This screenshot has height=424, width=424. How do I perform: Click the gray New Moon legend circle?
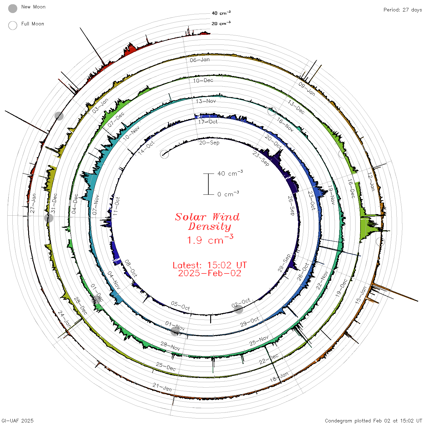pos(12,8)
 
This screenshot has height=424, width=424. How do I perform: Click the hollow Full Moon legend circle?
pos(12,25)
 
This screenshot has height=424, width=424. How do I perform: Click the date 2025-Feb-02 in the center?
pos(210,273)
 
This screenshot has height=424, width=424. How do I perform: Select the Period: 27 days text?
pos(403,10)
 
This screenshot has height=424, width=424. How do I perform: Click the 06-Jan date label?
pos(200,60)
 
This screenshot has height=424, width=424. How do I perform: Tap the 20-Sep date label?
pos(209,143)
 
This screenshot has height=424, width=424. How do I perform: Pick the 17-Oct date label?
pos(208,122)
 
